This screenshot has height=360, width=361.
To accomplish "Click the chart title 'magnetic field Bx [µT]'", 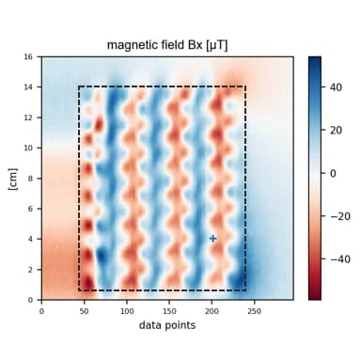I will point(167,44).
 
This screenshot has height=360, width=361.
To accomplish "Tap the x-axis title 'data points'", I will point(168,325).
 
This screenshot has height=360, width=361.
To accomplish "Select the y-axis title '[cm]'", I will point(13,178).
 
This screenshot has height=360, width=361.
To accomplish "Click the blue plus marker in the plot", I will point(213,239).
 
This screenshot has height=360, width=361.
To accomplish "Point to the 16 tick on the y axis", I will point(30,57).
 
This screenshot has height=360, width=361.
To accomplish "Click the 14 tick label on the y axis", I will point(30,87).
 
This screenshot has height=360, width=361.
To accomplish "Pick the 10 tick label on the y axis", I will point(30,148).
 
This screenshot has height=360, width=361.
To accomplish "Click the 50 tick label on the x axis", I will point(85,310).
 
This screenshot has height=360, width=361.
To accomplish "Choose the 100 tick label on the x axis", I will point(127,310).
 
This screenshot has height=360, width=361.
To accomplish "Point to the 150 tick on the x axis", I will point(169,310).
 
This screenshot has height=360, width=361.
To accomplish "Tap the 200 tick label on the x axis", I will point(212,310).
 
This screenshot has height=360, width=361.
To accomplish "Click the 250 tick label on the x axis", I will point(254,310).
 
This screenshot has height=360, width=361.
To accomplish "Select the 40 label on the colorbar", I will point(337,86).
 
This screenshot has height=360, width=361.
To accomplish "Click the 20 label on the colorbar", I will point(337,130).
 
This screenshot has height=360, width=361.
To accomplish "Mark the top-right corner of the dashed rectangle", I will point(245,87).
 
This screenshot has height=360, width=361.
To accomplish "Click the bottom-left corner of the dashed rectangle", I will point(78,290).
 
